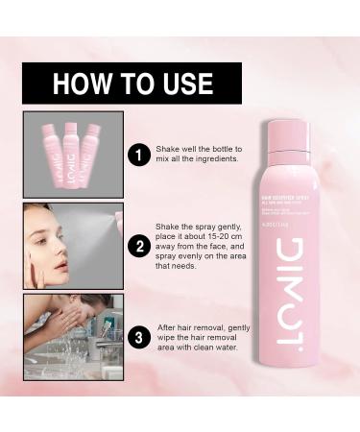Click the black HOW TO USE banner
(x=132, y=83)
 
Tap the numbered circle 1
(x=139, y=155)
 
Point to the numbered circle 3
(x=139, y=337)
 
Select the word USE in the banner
(x=185, y=84)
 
